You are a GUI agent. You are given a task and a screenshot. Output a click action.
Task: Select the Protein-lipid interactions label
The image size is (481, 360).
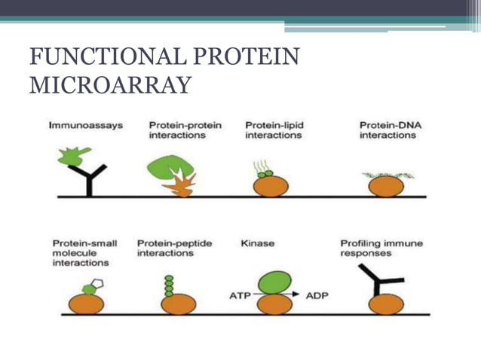[x=274, y=130]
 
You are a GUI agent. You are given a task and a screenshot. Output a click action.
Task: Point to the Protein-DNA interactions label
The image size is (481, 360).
[x=387, y=130]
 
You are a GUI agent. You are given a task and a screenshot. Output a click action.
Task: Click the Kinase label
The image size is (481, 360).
[x=256, y=244]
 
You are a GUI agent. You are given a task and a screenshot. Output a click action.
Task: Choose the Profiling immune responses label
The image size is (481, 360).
[x=381, y=249]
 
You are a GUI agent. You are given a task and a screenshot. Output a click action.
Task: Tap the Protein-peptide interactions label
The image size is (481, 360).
[x=174, y=249]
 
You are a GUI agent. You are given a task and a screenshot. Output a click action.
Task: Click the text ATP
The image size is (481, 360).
[x=240, y=295]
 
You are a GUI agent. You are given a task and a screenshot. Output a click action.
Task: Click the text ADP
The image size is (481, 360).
[x=317, y=295]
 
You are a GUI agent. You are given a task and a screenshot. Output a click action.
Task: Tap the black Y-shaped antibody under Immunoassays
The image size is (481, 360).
[x=89, y=180]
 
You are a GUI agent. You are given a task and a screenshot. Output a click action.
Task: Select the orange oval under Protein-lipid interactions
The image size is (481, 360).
[x=270, y=186]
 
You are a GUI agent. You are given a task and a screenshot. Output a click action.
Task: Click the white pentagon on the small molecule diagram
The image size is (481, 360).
[x=98, y=284]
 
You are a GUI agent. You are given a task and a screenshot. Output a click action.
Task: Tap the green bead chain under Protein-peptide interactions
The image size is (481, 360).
[x=169, y=285]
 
